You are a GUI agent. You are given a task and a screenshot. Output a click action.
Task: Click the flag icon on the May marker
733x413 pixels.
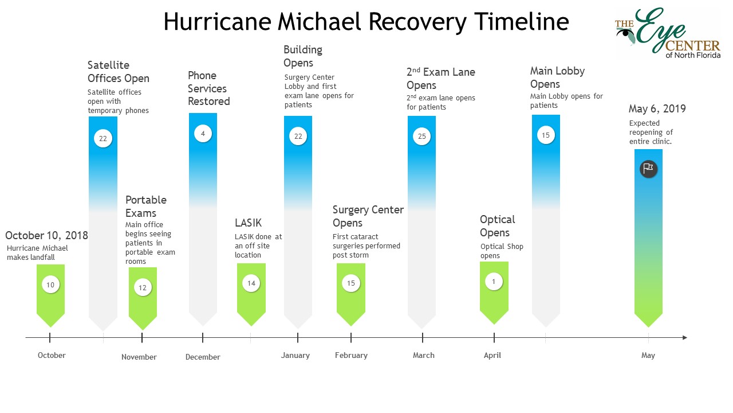[648, 169]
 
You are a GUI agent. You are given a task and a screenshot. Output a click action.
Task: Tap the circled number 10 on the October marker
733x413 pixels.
[50, 285]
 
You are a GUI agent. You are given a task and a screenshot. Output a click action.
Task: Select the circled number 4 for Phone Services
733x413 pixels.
[203, 134]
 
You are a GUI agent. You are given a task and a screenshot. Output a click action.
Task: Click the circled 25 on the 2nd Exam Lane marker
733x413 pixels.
[422, 136]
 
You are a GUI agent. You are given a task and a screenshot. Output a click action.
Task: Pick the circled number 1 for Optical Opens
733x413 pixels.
[494, 281]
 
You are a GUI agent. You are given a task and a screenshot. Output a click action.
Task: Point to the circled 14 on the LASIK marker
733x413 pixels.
[251, 283]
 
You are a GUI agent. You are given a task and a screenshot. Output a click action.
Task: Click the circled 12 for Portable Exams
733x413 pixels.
[143, 287]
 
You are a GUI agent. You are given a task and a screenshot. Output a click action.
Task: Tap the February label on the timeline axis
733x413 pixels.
[351, 355]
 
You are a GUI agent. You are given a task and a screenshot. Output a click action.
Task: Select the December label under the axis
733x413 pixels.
[203, 357]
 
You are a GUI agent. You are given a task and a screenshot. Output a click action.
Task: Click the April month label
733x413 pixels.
[492, 355]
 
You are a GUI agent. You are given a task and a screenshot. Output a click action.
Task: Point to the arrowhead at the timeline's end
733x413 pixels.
[684, 337]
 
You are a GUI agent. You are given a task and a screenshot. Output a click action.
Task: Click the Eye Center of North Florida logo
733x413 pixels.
[668, 33]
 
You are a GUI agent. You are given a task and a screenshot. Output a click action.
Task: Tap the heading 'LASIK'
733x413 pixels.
[248, 223]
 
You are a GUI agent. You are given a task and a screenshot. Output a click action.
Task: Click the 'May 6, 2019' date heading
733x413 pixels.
[657, 109]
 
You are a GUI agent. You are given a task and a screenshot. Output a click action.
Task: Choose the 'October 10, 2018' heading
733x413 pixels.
[46, 235]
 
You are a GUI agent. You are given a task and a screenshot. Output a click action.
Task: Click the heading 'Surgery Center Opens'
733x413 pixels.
[368, 216]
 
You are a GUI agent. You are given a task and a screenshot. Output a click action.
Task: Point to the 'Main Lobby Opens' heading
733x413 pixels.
[557, 77]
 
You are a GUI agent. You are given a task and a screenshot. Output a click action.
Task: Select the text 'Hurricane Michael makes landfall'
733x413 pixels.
[37, 253]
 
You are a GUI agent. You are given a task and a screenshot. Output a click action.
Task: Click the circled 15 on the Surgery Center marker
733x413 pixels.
[351, 283]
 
